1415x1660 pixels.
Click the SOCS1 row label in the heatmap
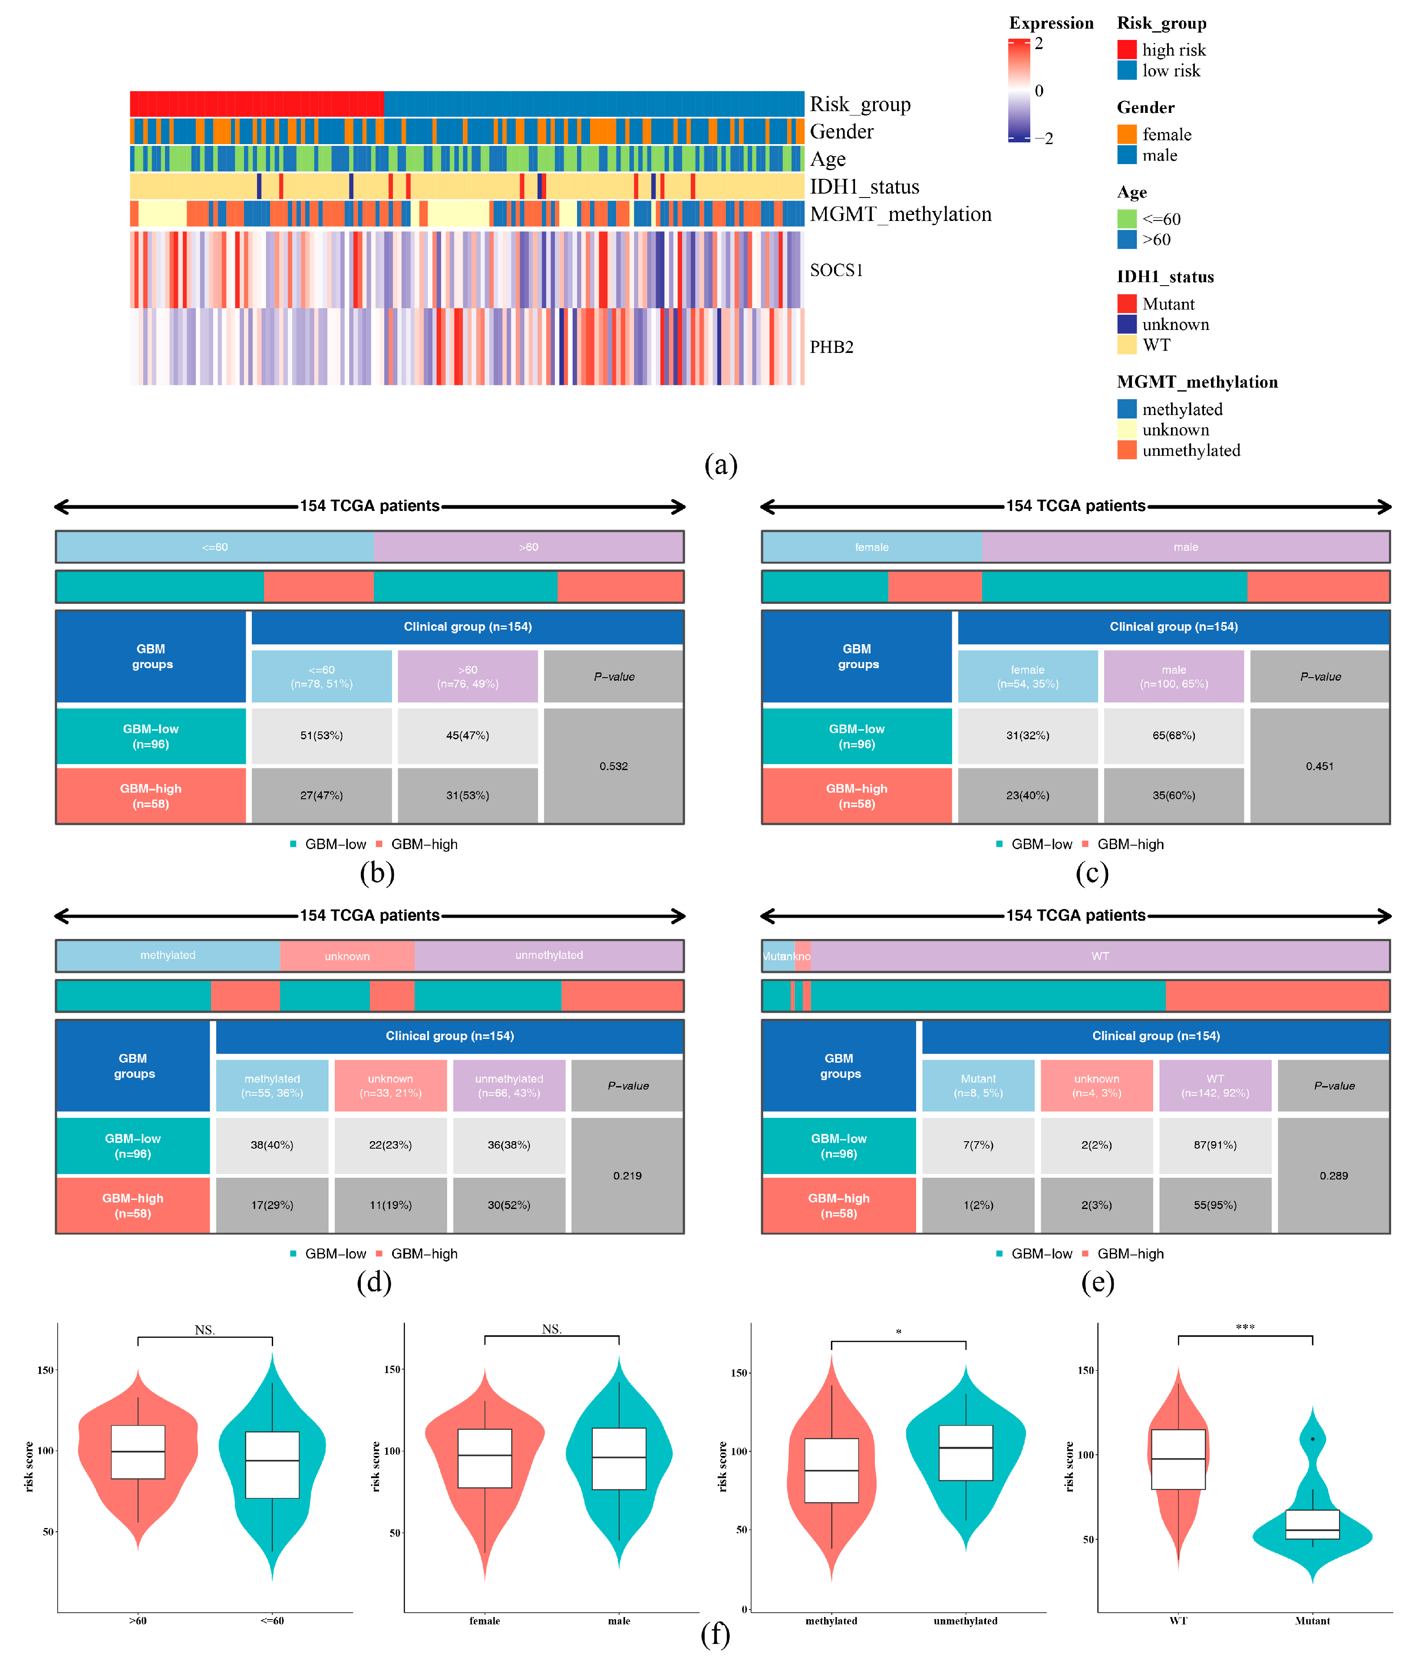coord(836,270)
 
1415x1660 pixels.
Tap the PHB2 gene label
coord(831,347)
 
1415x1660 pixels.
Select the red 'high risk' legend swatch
coord(1127,49)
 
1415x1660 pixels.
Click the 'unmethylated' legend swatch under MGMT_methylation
coord(1127,450)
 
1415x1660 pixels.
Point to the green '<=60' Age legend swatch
coord(1127,219)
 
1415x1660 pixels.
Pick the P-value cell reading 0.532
coord(614,766)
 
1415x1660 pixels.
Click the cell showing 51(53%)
coord(321,735)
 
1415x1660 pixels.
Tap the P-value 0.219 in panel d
coord(627,1175)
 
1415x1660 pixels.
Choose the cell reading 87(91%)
coord(1215,1145)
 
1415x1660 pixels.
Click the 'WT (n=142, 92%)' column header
coord(1215,1086)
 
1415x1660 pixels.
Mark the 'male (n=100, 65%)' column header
coord(1174,676)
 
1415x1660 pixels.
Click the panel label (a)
coord(720,464)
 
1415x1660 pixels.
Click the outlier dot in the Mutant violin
coord(1313,1439)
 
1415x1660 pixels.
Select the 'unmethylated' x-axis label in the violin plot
coord(966,1621)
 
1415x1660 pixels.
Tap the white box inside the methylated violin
coord(832,1470)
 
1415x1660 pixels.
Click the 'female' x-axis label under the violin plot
coord(484,1621)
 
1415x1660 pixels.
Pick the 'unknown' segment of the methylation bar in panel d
coord(347,956)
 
